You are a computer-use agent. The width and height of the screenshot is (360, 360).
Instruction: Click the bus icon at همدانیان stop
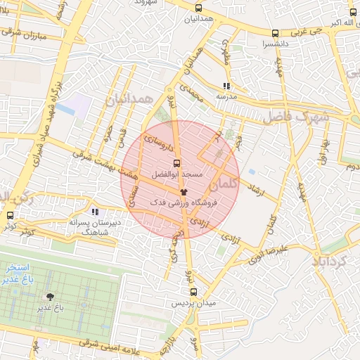[x=198, y=8]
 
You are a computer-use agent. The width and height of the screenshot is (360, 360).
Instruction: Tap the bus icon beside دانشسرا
[x=275, y=33]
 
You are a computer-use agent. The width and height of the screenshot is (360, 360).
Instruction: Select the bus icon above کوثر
[x=10, y=215]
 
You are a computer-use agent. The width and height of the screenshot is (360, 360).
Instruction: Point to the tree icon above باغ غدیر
[x=50, y=297]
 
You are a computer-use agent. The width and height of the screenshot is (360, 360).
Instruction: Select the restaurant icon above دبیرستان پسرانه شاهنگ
[x=94, y=211]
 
